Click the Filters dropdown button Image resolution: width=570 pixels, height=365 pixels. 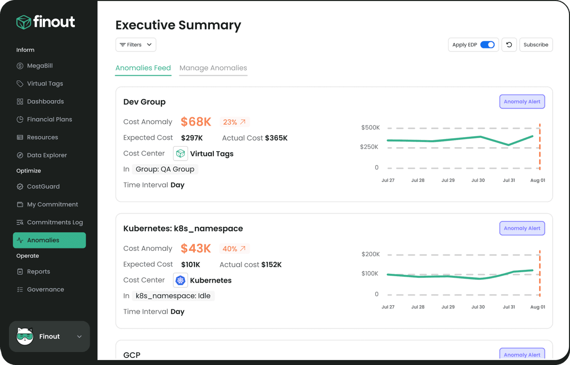point(136,45)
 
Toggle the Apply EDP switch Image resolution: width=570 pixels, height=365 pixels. point(487,45)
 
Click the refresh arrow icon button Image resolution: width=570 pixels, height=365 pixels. point(509,45)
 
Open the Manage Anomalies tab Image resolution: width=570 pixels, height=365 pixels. point(213,68)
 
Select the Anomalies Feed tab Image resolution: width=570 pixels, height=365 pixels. point(143,68)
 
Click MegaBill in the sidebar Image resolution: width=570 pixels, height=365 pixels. point(39,66)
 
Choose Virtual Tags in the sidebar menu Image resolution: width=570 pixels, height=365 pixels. point(44,84)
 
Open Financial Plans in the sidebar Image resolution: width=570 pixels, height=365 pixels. point(49,120)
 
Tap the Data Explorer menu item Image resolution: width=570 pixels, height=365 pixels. point(46,155)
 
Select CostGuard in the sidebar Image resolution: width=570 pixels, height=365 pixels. point(43,186)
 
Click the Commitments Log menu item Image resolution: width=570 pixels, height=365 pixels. point(54,222)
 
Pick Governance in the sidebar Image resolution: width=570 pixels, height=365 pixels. point(45,290)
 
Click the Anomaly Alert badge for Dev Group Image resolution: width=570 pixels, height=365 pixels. point(522,102)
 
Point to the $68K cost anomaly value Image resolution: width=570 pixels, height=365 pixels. point(196,122)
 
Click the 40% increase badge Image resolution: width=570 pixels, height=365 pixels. point(234,249)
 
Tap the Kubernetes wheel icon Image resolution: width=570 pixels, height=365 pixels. point(180,280)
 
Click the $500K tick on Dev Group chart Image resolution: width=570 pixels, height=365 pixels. point(370,128)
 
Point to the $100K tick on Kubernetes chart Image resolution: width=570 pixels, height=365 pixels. point(370,274)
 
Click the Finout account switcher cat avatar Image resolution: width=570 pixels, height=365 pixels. point(25,337)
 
